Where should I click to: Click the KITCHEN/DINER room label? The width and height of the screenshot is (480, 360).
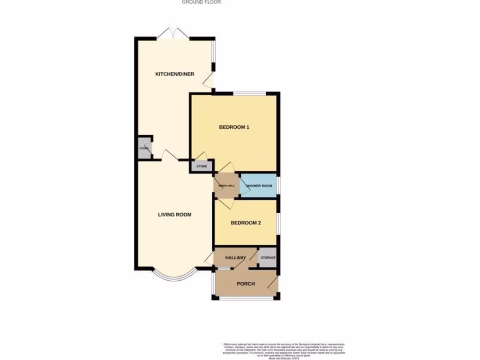pos(175,74)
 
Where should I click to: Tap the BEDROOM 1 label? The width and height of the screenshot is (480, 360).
pos(234,127)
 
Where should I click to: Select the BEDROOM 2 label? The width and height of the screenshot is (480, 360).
pos(246,223)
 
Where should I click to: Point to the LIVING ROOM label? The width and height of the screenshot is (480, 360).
pos(174,215)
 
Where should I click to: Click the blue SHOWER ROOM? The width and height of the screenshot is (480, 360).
pos(259,186)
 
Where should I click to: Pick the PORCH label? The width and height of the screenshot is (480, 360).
pos(246,284)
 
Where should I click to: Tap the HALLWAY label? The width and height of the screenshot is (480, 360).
pos(235,258)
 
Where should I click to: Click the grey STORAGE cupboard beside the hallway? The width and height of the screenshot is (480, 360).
pos(268,258)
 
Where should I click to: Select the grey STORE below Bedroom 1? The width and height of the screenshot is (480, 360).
pos(202,166)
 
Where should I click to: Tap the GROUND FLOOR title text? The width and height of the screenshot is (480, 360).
pos(201,2)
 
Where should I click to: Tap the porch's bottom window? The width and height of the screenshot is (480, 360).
pos(245,298)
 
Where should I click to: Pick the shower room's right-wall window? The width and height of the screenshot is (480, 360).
pos(278,185)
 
